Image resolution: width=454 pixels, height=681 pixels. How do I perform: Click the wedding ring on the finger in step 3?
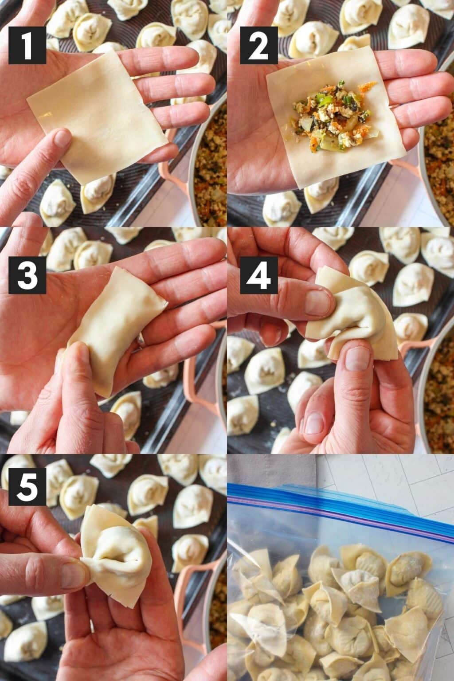click(141, 340)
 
